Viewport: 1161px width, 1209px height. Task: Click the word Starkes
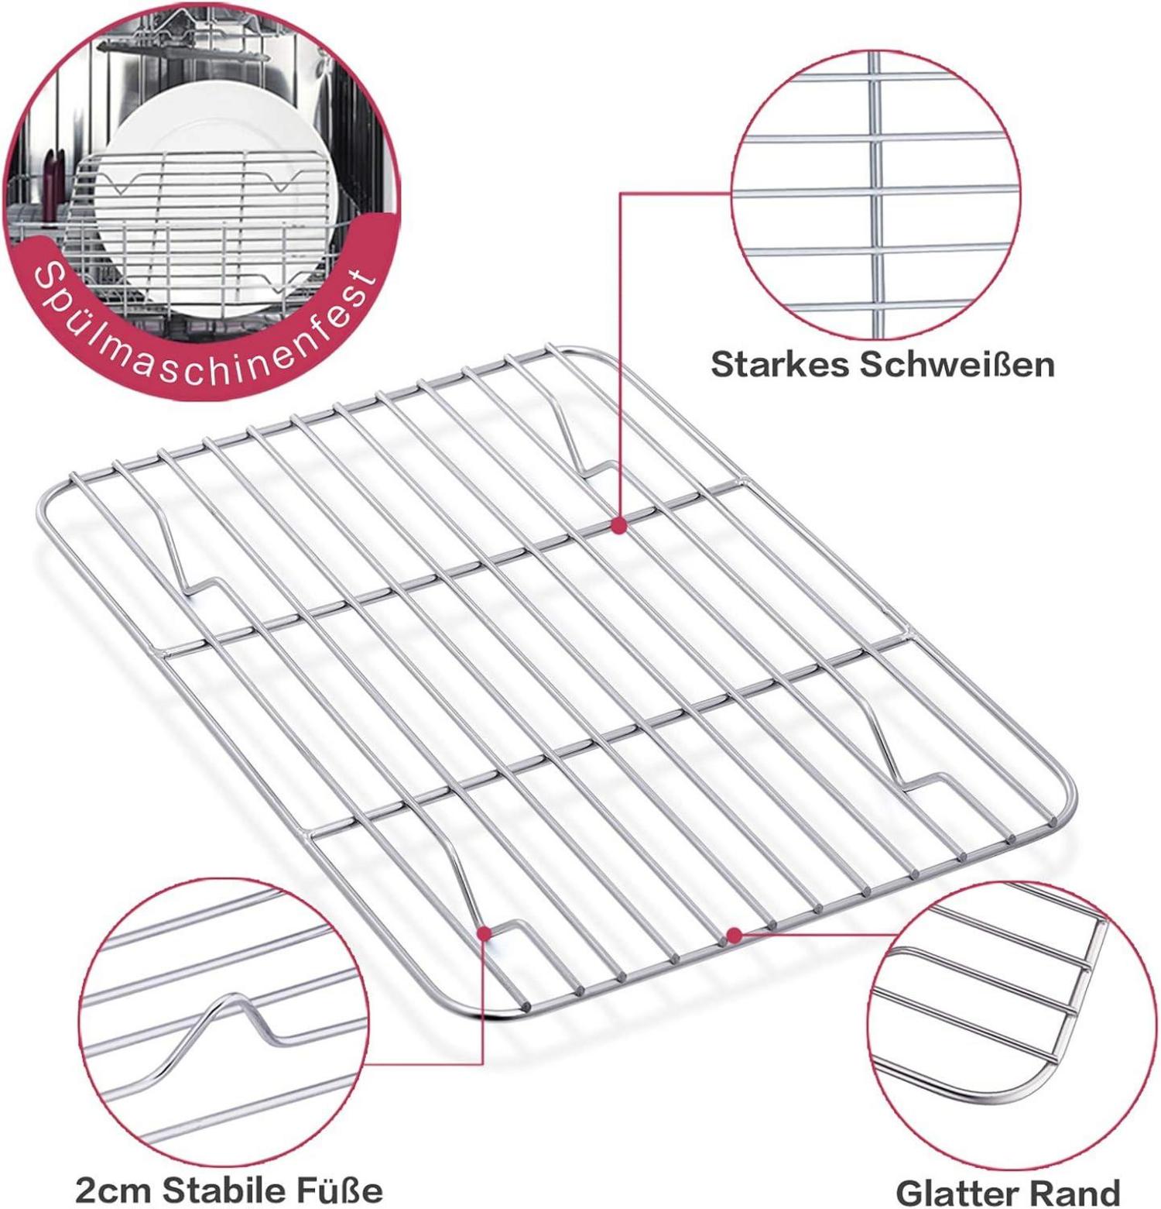(x=780, y=365)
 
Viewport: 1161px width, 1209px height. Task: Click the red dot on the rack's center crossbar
(x=618, y=525)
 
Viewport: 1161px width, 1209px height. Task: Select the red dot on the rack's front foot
(x=484, y=933)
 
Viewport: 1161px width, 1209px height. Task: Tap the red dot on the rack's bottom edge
(x=735, y=936)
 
